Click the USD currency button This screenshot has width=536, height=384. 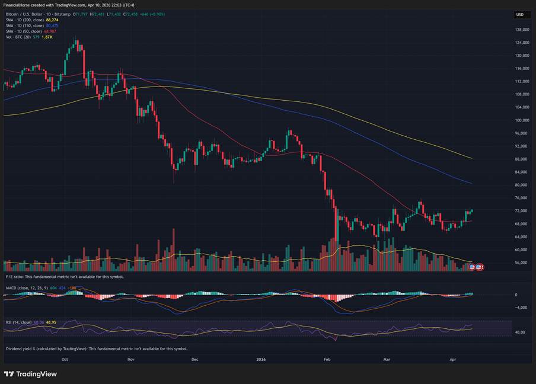(520, 15)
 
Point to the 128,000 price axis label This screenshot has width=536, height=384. (522, 30)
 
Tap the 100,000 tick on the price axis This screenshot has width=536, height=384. (522, 120)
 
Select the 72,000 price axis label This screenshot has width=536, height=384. (521, 211)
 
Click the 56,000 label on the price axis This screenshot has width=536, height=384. (521, 263)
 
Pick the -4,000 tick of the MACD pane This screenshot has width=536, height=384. (520, 307)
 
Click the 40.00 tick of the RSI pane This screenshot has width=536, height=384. (519, 332)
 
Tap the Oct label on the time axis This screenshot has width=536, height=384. (65, 359)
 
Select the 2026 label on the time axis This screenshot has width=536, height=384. (261, 359)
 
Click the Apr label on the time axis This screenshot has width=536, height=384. (453, 359)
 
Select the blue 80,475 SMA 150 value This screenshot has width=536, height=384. (52, 25)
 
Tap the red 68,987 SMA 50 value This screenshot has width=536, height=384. (50, 31)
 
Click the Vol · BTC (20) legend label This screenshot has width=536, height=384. (17, 37)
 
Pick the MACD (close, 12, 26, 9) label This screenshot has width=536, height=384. (27, 288)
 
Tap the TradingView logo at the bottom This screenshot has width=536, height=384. (31, 374)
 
